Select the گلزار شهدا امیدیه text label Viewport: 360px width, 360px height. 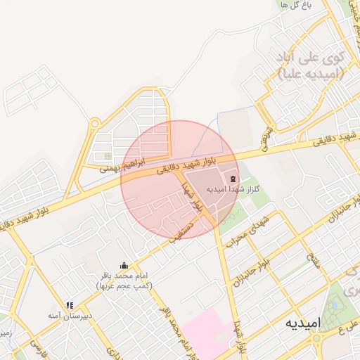point(233,190)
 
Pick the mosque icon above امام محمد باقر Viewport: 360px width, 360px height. point(124,265)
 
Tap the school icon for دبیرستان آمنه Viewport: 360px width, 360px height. point(70,305)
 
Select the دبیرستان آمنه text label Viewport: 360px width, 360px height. point(70,317)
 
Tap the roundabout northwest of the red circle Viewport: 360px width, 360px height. point(94,125)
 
